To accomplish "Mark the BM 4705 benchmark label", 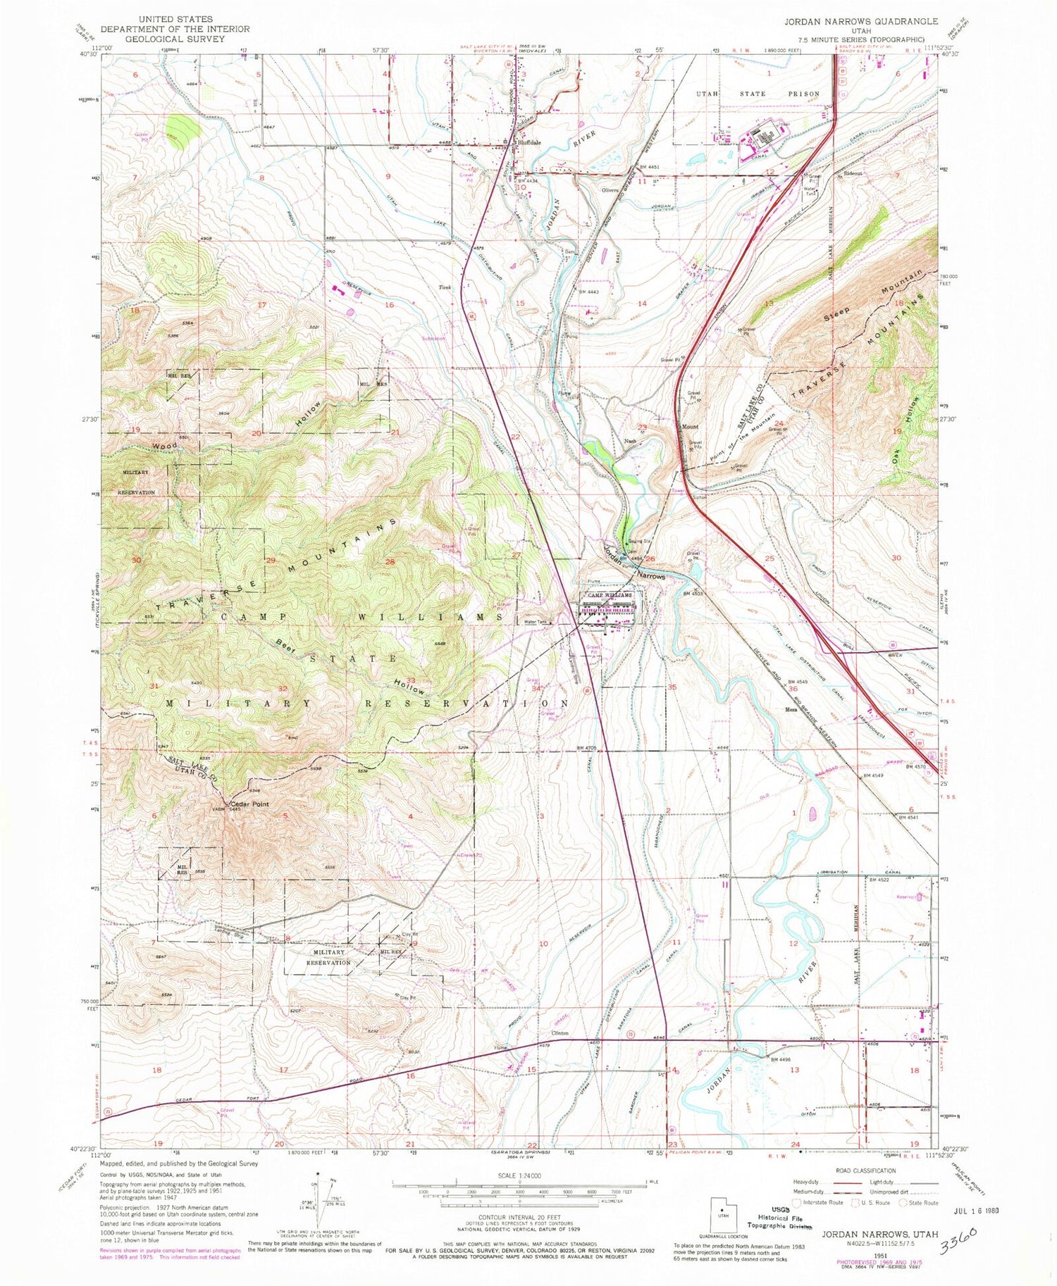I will pyautogui.click(x=586, y=748).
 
